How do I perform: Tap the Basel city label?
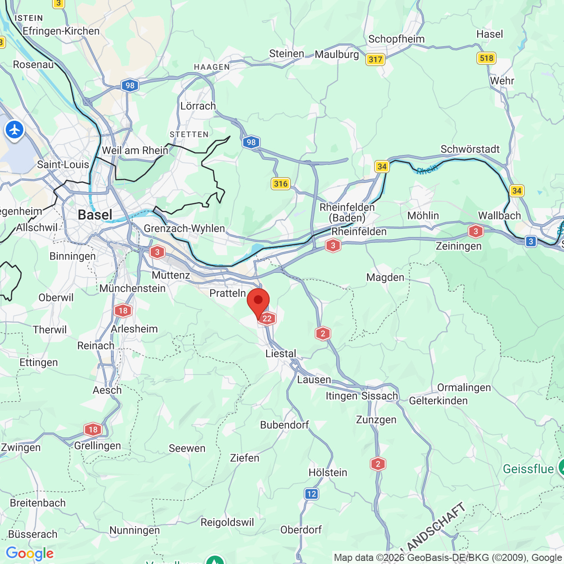click(95, 215)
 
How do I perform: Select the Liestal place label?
click(281, 353)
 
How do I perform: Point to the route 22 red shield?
click(267, 319)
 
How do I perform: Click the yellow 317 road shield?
click(375, 59)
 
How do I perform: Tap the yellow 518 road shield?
click(486, 58)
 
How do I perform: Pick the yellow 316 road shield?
click(281, 184)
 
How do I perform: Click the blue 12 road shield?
click(312, 494)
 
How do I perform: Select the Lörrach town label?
click(198, 106)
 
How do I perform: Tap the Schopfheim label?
click(396, 39)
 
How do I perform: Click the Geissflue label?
click(528, 469)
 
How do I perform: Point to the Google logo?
click(30, 553)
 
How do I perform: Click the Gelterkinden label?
click(438, 401)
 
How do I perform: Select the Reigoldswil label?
click(227, 522)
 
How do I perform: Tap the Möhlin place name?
click(423, 215)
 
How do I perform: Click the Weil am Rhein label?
click(135, 150)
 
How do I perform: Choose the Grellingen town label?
click(97, 445)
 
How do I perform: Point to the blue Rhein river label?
click(427, 170)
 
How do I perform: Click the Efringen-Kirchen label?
click(61, 31)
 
